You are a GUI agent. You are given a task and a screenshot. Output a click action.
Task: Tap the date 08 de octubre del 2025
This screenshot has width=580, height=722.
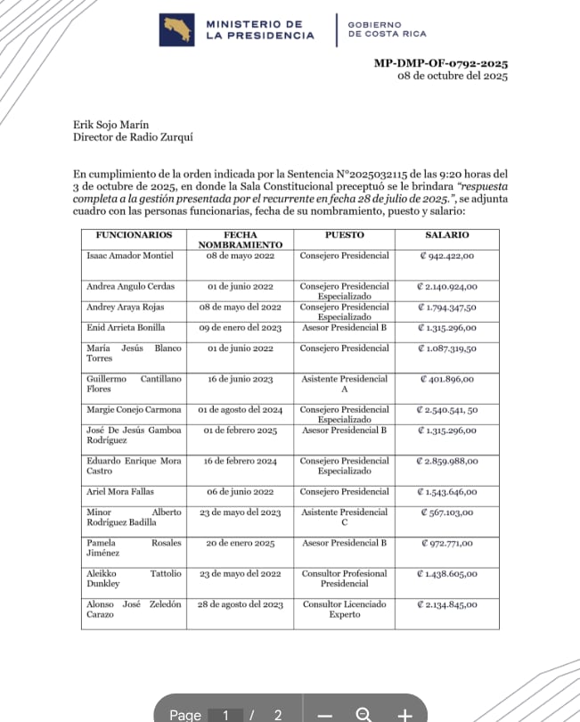pos(452,78)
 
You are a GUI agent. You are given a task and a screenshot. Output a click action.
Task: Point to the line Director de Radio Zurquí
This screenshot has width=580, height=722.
pos(132,137)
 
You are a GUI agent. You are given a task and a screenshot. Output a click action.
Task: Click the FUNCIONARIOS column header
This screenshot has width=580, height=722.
pos(127,235)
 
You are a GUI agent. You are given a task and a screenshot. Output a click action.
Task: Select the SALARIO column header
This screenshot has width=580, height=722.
pos(447,235)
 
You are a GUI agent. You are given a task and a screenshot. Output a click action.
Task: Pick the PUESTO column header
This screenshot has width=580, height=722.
pos(344,235)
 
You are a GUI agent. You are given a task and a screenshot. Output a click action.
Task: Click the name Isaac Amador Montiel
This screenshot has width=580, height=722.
pos(130,256)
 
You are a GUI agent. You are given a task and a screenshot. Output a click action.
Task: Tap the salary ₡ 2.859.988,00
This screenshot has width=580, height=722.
pos(447,461)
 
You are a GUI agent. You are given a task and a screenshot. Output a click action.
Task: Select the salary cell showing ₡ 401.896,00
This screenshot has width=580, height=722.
pos(447,379)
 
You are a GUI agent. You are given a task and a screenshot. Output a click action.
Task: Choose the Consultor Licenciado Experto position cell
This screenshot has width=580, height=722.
pos(344,609)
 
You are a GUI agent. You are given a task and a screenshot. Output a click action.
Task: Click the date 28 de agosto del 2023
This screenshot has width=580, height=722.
pos(241,604)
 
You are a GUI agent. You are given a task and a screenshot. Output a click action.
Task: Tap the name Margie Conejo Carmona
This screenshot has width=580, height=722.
pos(134,410)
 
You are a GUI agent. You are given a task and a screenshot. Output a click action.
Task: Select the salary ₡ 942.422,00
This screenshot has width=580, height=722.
pos(447,256)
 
